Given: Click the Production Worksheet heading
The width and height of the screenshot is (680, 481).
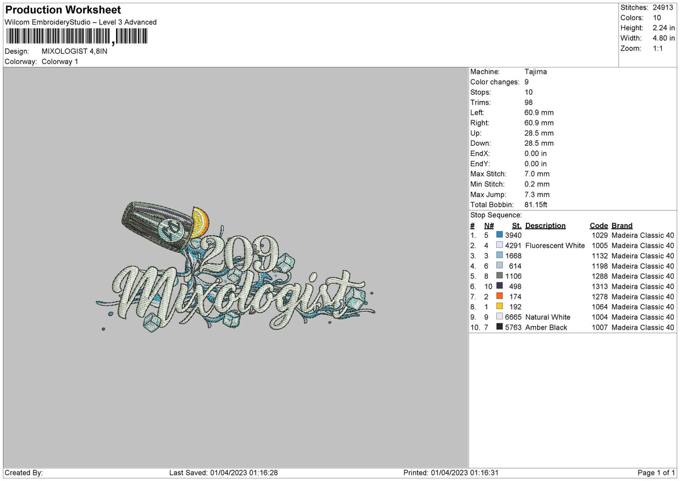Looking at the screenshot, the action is click(x=63, y=10).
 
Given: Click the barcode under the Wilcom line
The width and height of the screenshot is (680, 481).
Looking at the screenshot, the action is click(x=77, y=36).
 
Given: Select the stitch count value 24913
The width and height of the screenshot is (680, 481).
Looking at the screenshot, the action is click(x=662, y=7).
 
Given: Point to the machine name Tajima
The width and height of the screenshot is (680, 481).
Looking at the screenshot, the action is click(x=535, y=71).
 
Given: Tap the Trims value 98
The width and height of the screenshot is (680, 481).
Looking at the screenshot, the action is click(x=528, y=103).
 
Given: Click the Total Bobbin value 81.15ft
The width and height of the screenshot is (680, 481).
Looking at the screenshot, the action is click(x=535, y=205).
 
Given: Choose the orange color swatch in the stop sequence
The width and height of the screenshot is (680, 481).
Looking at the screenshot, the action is click(x=499, y=296).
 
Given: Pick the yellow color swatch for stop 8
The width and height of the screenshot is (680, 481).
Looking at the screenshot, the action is click(x=499, y=306).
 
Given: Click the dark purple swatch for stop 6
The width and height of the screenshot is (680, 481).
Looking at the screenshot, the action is click(x=499, y=286).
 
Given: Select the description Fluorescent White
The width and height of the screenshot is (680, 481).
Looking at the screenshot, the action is click(x=555, y=246).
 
